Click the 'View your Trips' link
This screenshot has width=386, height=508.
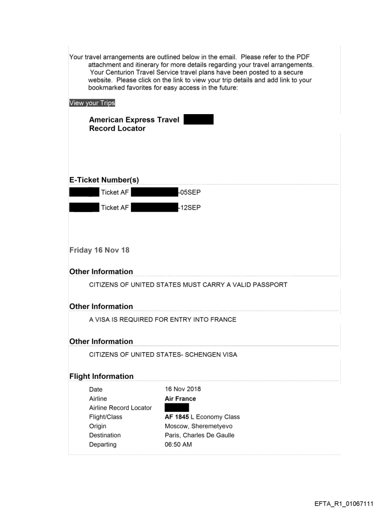(x=92, y=103)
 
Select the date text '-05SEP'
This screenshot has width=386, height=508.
(x=189, y=192)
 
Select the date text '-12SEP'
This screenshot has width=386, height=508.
(x=189, y=206)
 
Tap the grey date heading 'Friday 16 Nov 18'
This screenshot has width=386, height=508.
(x=99, y=250)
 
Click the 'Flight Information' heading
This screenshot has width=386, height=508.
(x=101, y=376)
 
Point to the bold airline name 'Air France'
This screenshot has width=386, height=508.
(x=180, y=399)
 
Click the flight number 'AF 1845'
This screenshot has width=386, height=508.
(x=175, y=417)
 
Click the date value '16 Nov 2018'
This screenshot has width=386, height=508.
(x=182, y=389)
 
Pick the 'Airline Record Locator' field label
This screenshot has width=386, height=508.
(x=120, y=408)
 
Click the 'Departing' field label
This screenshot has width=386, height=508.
(x=103, y=445)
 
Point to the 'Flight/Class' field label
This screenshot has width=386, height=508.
(x=105, y=417)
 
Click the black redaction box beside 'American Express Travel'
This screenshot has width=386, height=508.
(x=198, y=119)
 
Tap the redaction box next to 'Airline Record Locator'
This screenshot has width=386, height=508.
(x=176, y=408)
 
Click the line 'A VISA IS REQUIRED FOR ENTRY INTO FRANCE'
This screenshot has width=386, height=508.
(x=163, y=320)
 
